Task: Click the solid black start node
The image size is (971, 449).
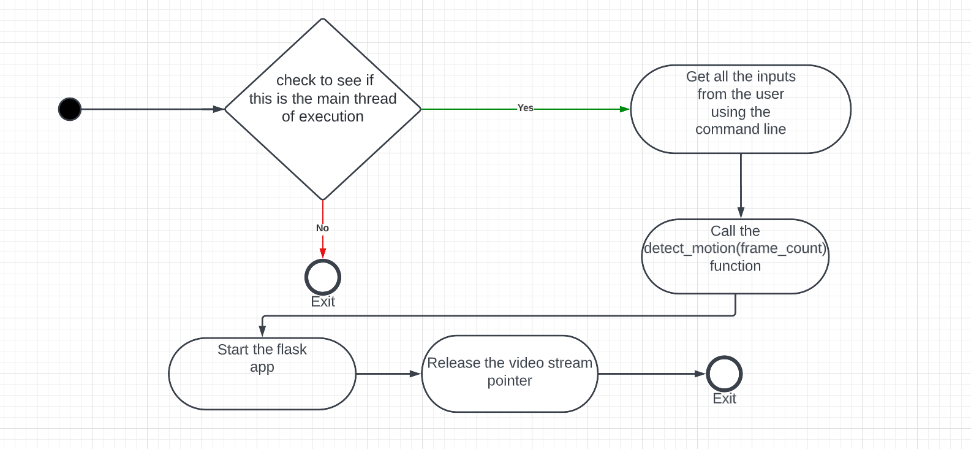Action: (70, 109)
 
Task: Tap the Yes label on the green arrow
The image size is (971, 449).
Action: (525, 108)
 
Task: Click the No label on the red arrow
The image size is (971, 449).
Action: (322, 228)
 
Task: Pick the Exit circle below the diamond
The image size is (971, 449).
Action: (323, 277)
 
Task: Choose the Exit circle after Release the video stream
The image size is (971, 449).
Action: (724, 374)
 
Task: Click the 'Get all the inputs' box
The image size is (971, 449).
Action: (740, 109)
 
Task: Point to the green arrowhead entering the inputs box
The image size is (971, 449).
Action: (624, 109)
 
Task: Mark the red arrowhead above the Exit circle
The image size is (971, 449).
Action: (323, 253)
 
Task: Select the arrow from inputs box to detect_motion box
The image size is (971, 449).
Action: (741, 184)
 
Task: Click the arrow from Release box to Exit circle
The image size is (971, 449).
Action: (649, 374)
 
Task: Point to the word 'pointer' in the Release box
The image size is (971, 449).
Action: (509, 381)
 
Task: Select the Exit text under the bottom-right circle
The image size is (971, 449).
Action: (724, 399)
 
